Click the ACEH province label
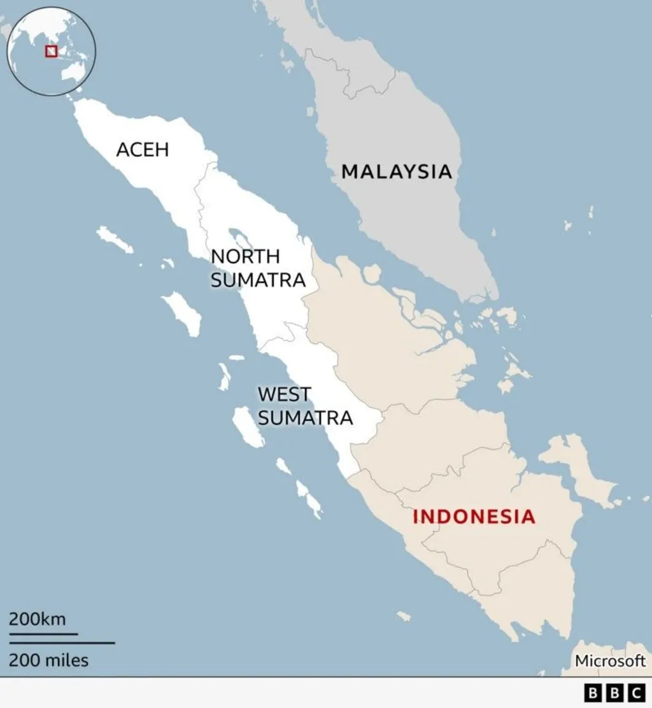click(x=143, y=150)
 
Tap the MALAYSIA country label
click(x=397, y=171)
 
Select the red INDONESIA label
click(x=473, y=516)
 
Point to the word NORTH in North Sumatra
click(x=245, y=256)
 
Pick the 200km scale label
click(x=37, y=619)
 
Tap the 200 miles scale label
click(x=48, y=660)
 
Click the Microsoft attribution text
click(x=610, y=661)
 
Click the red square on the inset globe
click(x=51, y=51)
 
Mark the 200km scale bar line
click(x=43, y=634)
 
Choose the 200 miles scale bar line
click(x=62, y=643)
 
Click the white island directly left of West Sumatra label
click(x=248, y=427)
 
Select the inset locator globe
click(x=51, y=51)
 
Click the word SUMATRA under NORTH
click(x=258, y=280)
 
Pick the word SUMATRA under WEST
click(x=305, y=418)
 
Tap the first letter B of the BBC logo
click(x=592, y=693)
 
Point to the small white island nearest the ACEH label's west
click(x=115, y=239)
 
